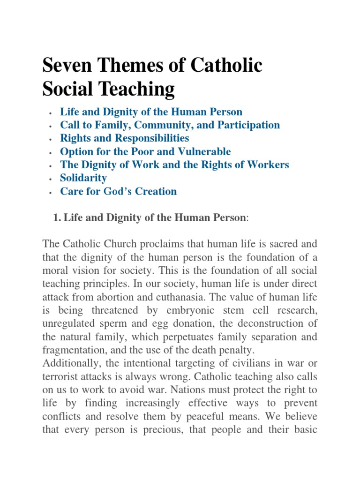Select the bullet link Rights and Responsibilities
click(125, 138)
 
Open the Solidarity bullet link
click(83, 178)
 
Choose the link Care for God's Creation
click(119, 191)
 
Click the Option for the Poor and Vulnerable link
click(145, 151)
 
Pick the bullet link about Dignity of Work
click(174, 165)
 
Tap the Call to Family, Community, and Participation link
click(170, 125)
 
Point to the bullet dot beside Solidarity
click(49, 179)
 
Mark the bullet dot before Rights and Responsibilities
click(49, 139)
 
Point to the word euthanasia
click(216, 297)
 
